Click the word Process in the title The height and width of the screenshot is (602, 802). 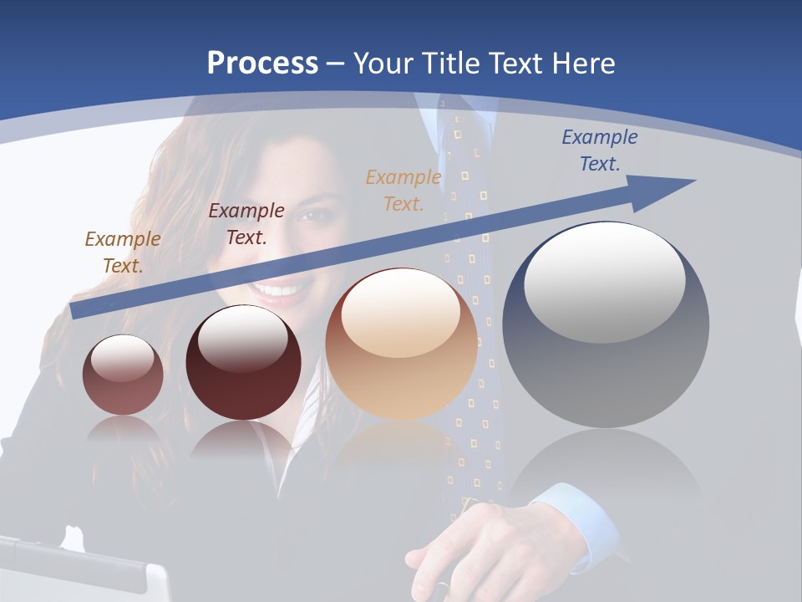coord(262,63)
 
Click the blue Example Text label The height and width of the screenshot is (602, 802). coord(599,150)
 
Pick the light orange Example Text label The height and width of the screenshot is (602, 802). coord(404,190)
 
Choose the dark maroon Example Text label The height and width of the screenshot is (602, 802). coord(246,224)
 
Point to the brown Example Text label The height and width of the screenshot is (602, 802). coord(122,252)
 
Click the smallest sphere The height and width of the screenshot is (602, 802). coord(123,375)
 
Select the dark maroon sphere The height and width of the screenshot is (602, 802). coord(243,363)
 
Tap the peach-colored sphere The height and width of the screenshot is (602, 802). coord(402,344)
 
